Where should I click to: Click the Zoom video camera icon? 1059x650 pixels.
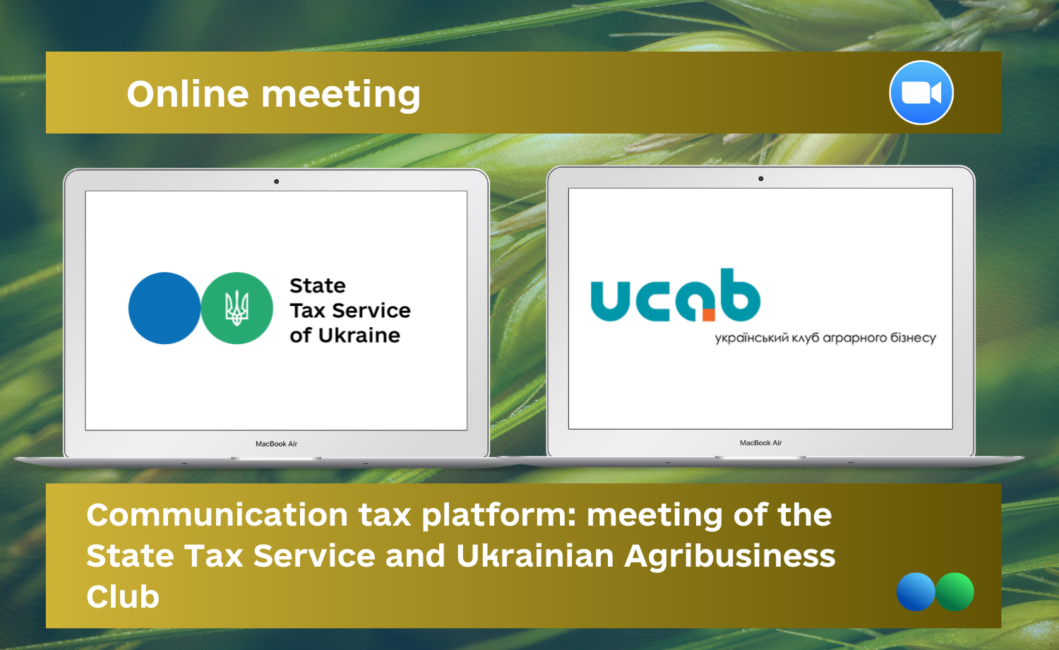pyautogui.click(x=921, y=93)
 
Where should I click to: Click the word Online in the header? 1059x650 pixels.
pyautogui.click(x=188, y=94)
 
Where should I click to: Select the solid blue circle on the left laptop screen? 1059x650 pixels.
pyautogui.click(x=164, y=308)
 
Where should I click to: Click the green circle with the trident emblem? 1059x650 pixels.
pyautogui.click(x=237, y=308)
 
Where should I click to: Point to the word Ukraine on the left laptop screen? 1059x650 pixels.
pyautogui.click(x=359, y=336)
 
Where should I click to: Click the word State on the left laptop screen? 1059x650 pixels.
pyautogui.click(x=318, y=285)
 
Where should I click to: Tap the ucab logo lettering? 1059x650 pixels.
pyautogui.click(x=675, y=295)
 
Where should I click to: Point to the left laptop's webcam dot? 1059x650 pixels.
pyautogui.click(x=277, y=181)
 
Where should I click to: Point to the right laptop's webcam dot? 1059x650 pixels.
pyautogui.click(x=760, y=179)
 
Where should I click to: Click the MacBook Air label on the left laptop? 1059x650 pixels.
pyautogui.click(x=277, y=444)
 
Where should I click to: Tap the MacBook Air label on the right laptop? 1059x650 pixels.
pyautogui.click(x=760, y=443)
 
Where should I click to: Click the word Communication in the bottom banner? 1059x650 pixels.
pyautogui.click(x=217, y=515)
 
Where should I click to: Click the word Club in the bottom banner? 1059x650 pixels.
pyautogui.click(x=123, y=596)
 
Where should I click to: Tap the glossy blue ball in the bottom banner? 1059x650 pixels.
pyautogui.click(x=916, y=592)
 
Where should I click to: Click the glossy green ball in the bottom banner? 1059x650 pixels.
pyautogui.click(x=955, y=592)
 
